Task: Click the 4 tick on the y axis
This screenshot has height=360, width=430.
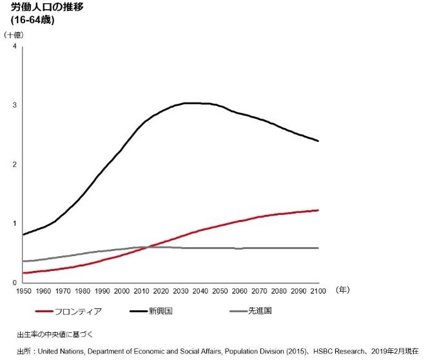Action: click(x=14, y=47)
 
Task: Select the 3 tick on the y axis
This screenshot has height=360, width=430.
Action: click(x=14, y=106)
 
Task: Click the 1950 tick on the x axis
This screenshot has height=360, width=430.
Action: click(x=24, y=291)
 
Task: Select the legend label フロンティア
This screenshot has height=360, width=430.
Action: click(x=79, y=311)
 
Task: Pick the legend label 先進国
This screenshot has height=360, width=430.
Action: click(x=259, y=311)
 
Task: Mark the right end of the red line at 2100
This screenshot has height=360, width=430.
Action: click(x=318, y=210)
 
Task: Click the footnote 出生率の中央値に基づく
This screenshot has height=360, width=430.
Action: click(x=56, y=334)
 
